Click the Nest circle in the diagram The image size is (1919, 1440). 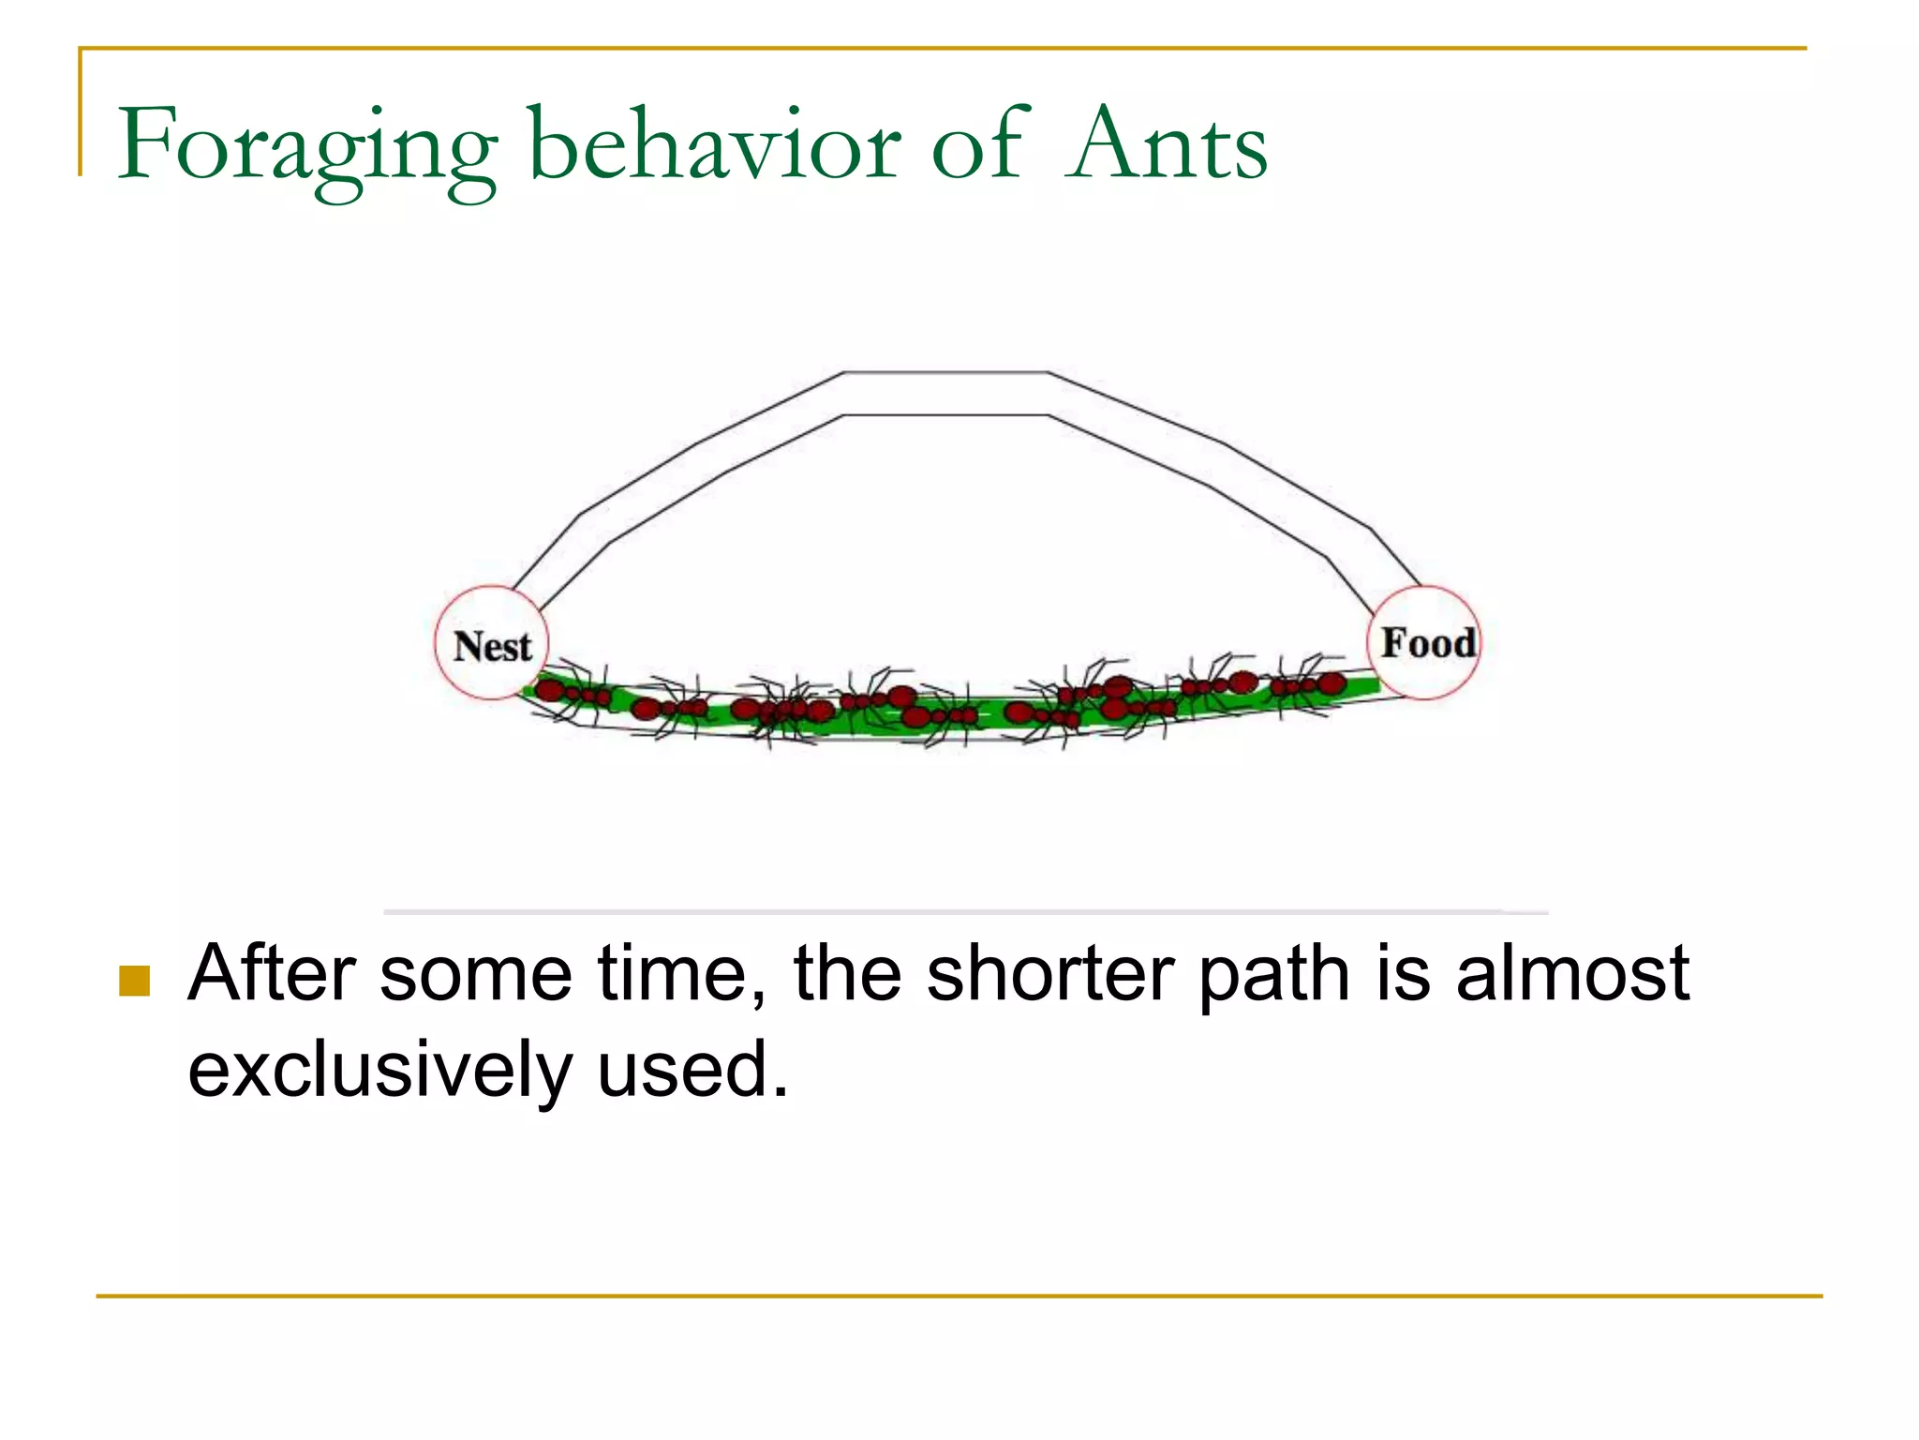click(x=492, y=644)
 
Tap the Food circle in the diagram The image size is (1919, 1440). click(x=1425, y=642)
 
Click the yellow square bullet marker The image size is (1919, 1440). click(x=135, y=981)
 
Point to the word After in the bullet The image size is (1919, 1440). click(x=273, y=973)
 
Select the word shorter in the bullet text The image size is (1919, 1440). click(x=1049, y=973)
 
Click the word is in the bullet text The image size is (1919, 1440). click(x=1403, y=973)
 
